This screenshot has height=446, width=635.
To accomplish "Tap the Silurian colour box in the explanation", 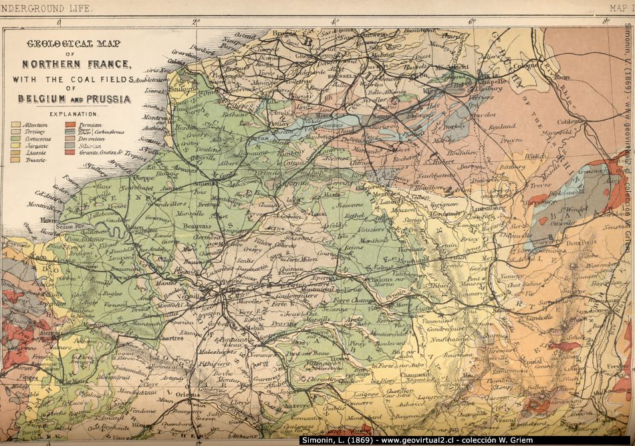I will (x=70, y=146).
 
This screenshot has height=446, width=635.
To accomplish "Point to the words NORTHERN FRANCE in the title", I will (x=76, y=65).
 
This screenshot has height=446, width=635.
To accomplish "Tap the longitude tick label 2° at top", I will (x=196, y=22).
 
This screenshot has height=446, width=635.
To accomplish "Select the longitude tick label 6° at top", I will (x=472, y=22).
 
